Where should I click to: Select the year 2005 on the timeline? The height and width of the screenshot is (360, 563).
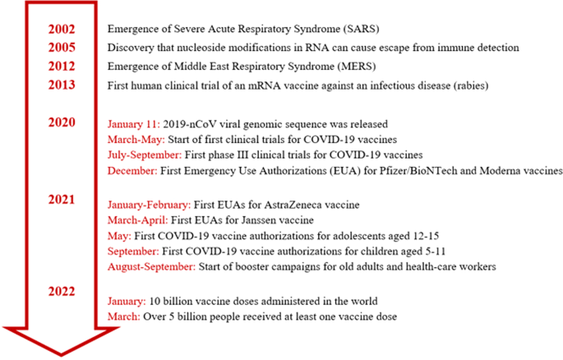[x=62, y=48]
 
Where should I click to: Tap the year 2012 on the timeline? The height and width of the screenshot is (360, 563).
[x=62, y=67]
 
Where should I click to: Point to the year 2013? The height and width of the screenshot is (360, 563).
[x=62, y=85]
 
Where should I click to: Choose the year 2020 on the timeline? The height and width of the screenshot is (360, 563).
[x=62, y=123]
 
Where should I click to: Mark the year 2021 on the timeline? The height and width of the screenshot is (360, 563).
[x=62, y=200]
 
